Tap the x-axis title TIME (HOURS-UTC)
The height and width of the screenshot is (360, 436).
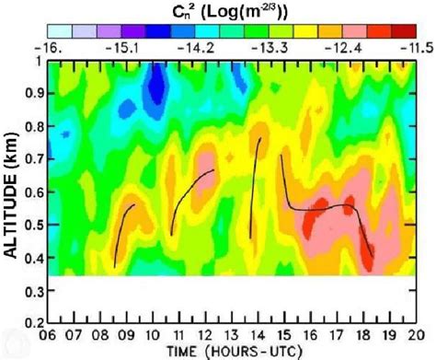233,351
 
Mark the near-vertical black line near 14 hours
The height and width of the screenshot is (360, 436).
255,184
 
